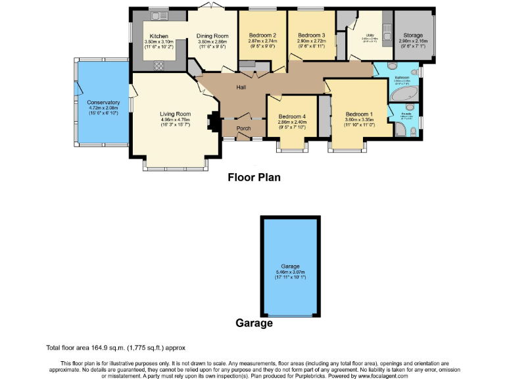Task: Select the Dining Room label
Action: [212, 36]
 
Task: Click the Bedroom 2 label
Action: [262, 36]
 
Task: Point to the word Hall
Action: [242, 86]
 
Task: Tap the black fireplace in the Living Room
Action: [211, 123]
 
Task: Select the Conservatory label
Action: [103, 103]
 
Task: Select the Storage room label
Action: [413, 36]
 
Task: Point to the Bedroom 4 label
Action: [292, 116]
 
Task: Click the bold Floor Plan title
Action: [254, 177]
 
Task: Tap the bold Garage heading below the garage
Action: [254, 323]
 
